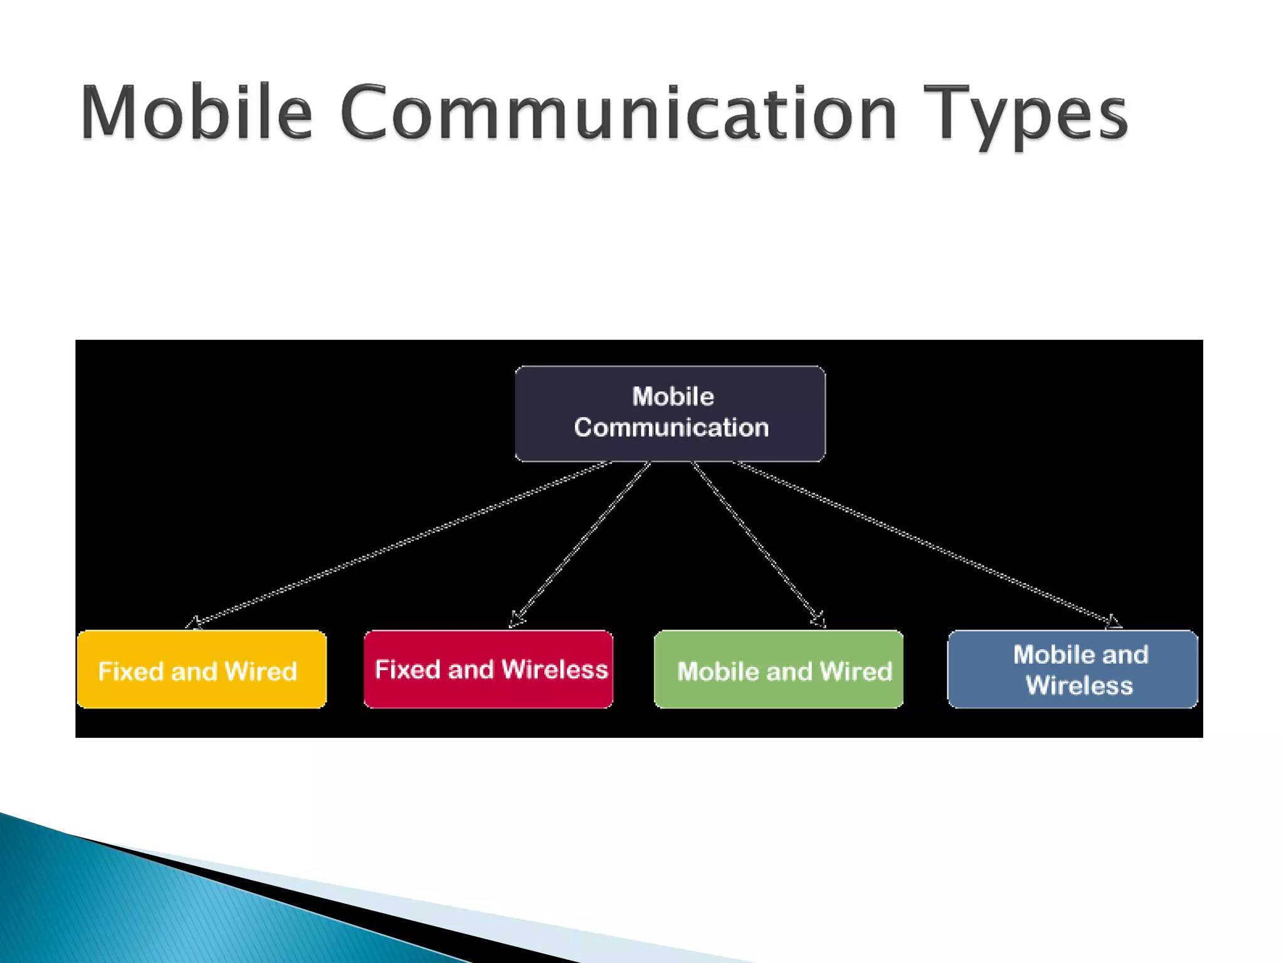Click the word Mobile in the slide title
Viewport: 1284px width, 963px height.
(x=196, y=113)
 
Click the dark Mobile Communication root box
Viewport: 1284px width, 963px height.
(x=670, y=414)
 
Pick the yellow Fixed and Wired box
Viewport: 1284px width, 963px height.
(x=201, y=670)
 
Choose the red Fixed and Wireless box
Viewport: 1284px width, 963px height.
(x=488, y=670)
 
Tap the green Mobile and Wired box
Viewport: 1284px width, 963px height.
(x=779, y=670)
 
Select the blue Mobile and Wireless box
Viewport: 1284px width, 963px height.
(x=1073, y=670)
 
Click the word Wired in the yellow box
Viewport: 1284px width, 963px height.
(x=261, y=671)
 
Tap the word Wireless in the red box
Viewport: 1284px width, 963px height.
(x=555, y=670)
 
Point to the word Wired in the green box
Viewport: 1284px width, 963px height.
(x=856, y=671)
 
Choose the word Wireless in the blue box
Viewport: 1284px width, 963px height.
(x=1079, y=685)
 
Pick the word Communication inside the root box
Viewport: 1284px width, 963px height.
(x=671, y=428)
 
